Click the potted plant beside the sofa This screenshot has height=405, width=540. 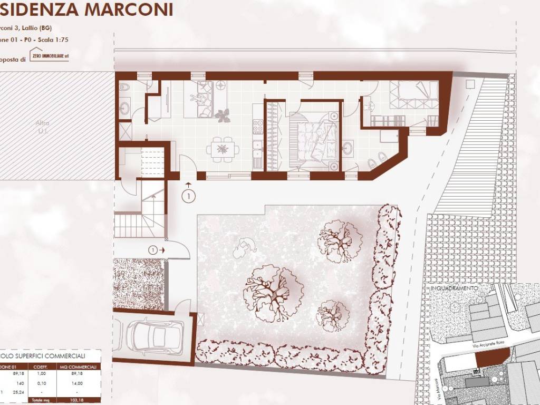222,115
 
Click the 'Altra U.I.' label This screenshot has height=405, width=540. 42,126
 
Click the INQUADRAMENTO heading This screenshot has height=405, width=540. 454,288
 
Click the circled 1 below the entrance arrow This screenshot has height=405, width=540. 188,196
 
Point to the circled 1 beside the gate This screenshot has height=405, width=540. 153,249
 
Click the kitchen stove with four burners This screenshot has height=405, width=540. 258,127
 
